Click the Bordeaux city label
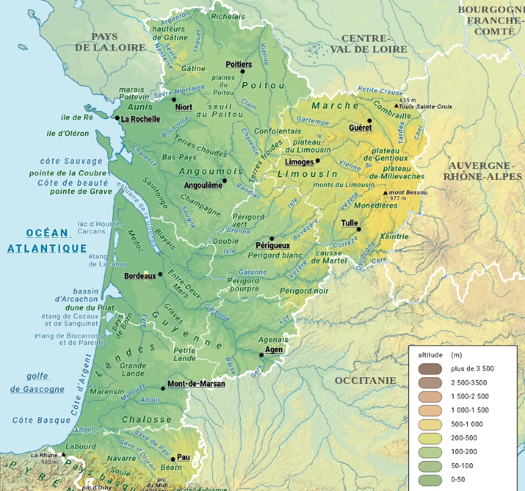[140, 276]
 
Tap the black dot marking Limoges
[318, 161]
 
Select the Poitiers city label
[239, 65]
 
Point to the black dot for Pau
[173, 459]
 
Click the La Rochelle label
[141, 119]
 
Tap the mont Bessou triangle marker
[386, 192]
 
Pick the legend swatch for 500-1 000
[429, 424]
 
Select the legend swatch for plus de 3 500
[429, 369]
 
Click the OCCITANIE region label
[365, 380]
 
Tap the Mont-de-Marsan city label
[196, 383]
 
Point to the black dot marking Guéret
[370, 121]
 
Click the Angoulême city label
[203, 185]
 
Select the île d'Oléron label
[68, 133]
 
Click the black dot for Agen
[261, 355]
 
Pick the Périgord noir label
[304, 291]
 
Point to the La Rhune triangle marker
[63, 454]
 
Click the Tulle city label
[350, 223]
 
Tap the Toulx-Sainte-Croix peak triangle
[396, 106]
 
